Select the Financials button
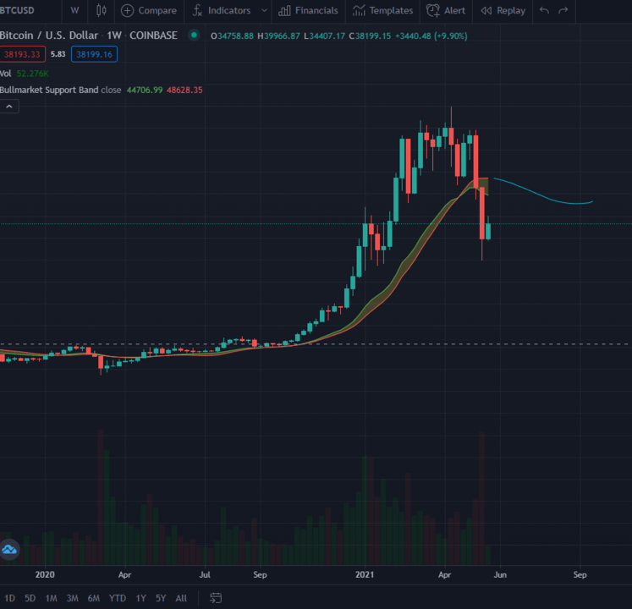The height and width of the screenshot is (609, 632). coord(309,10)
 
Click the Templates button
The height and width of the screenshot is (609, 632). coord(383,10)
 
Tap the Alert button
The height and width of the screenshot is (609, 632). coord(446,10)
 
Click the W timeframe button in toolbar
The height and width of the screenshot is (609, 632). coord(74,10)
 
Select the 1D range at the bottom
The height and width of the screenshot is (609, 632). coord(9,598)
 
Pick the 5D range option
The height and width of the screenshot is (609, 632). coord(30,598)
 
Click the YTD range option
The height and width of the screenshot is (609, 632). coord(118,598)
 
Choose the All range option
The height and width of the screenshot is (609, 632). coord(181,598)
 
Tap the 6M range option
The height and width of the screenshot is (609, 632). coord(93,598)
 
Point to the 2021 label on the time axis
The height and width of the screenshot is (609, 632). coord(365,574)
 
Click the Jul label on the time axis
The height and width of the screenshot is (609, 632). coord(205,574)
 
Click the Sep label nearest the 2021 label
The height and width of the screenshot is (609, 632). coord(261,574)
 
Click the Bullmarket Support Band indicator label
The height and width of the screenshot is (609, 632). coord(49,90)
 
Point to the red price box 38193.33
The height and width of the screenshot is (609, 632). coord(22,54)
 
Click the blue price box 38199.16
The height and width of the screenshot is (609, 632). coord(94,54)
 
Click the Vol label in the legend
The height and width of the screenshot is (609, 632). coord(6,74)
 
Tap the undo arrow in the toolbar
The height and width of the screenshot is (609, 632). coord(543,10)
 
